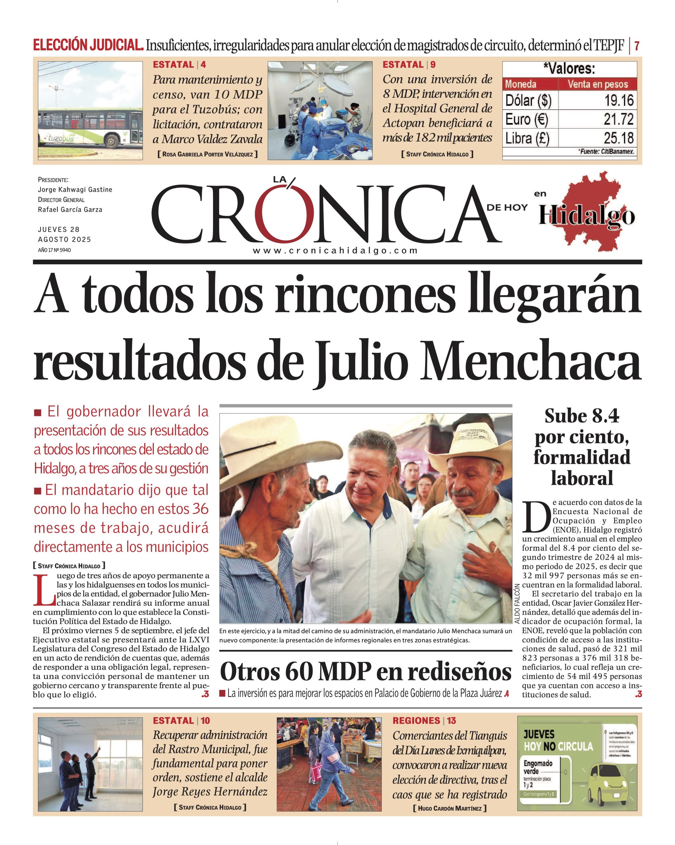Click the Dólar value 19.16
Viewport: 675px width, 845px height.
pyautogui.click(x=619, y=100)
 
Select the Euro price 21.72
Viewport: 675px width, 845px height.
pyautogui.click(x=619, y=119)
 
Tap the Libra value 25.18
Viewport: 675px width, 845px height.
pyautogui.click(x=619, y=138)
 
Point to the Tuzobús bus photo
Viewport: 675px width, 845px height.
pyautogui.click(x=90, y=111)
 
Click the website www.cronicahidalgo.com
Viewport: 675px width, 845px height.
pyautogui.click(x=335, y=251)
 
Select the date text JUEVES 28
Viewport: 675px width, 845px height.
pyautogui.click(x=59, y=229)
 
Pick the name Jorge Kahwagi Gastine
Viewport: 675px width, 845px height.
pyautogui.click(x=75, y=190)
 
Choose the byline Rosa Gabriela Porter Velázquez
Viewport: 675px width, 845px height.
pyautogui.click(x=207, y=154)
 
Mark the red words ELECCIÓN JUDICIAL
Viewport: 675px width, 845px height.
pyautogui.click(x=88, y=46)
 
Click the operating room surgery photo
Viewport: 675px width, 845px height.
pyautogui.click(x=320, y=111)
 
